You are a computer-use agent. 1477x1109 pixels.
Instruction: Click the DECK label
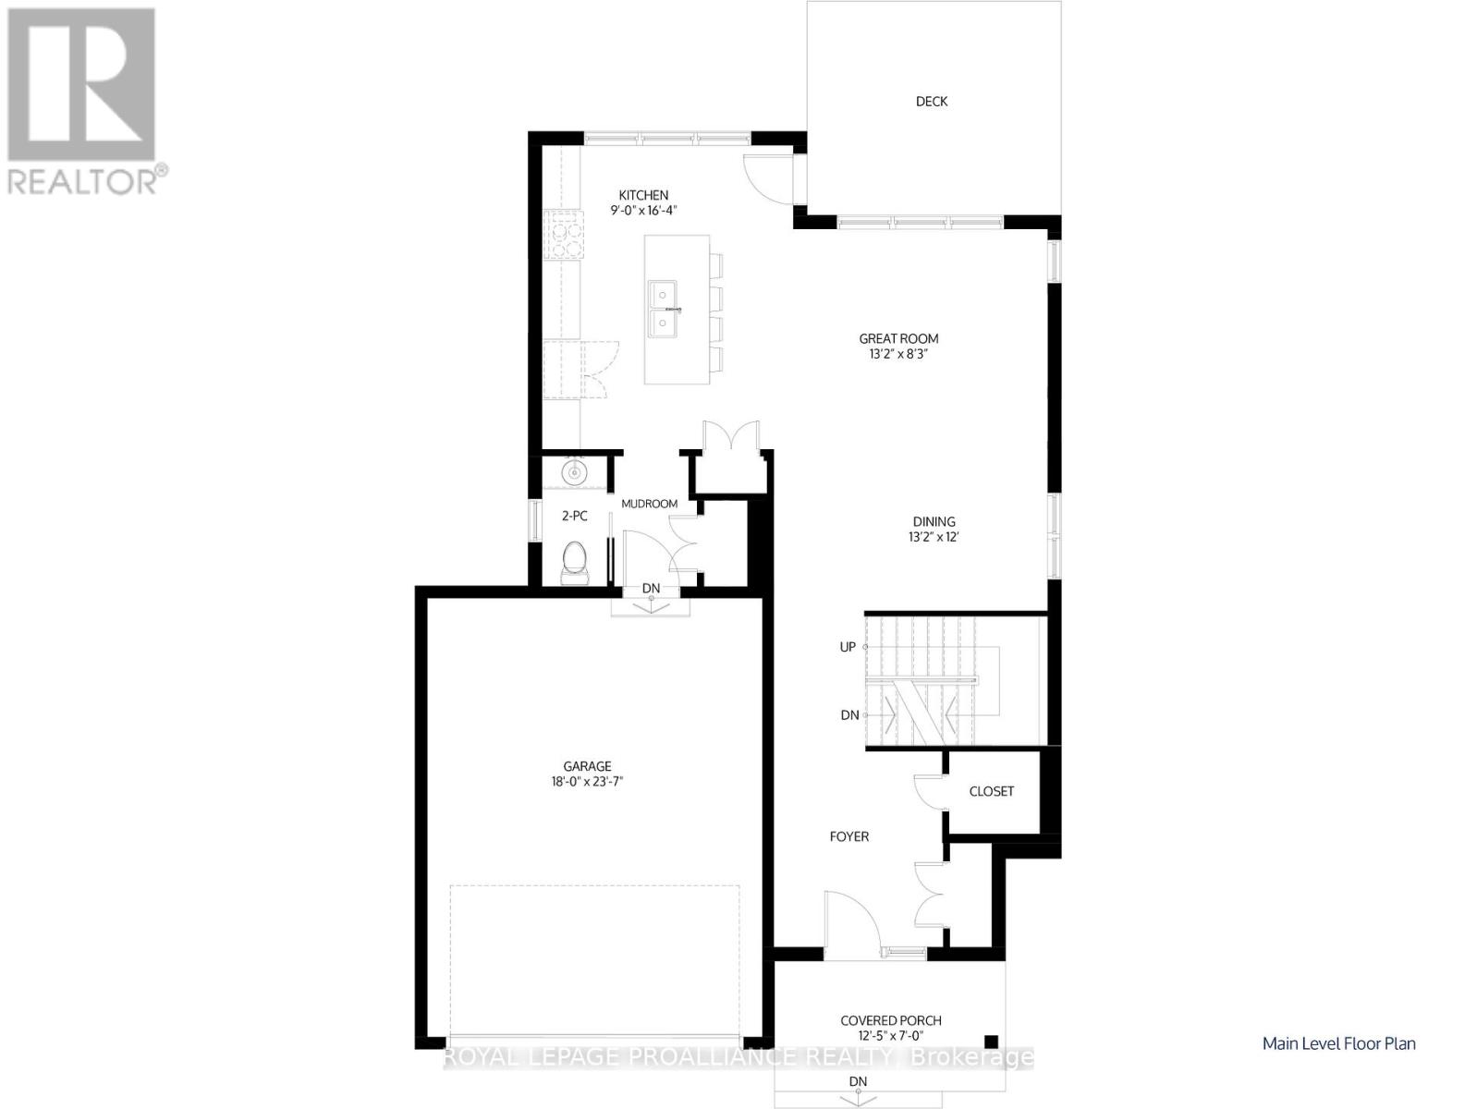coord(931,102)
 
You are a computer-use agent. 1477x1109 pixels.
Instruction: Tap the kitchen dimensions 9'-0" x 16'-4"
coord(643,211)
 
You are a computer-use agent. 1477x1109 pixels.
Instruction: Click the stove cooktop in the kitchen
coord(564,237)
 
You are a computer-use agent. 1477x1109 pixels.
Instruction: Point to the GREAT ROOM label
coord(898,338)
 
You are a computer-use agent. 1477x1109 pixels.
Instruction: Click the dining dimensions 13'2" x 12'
coord(934,537)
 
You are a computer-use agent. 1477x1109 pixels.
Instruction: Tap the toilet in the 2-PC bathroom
coord(575,562)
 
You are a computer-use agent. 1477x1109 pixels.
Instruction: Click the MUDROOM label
coord(649,504)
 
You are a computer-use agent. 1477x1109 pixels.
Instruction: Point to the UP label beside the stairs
coord(847,647)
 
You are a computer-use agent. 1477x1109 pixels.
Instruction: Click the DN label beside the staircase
coord(848,715)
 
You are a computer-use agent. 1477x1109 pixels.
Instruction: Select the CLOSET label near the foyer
coord(991,792)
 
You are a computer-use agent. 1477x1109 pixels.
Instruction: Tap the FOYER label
coord(848,837)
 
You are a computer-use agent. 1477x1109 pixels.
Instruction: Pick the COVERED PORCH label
coord(891,1020)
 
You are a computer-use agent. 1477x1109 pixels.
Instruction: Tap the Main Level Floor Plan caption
coord(1338,1043)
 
